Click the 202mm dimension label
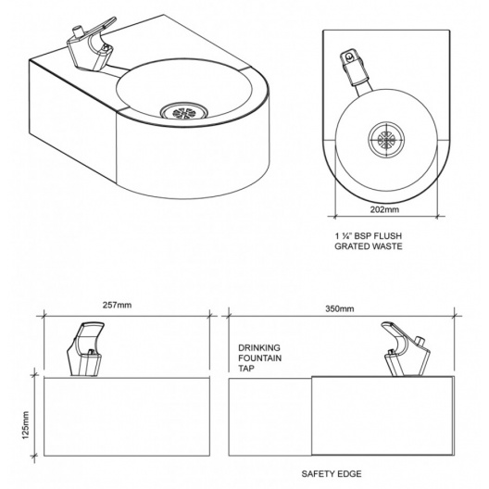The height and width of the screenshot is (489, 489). point(384,209)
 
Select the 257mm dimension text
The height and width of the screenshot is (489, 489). point(118,305)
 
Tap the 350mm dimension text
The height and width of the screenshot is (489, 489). point(340,308)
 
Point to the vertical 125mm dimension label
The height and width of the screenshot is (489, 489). point(26,425)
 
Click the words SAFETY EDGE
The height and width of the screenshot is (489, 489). point(332,474)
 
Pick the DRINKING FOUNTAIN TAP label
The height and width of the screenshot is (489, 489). point(259,358)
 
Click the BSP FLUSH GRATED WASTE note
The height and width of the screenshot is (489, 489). point(369,241)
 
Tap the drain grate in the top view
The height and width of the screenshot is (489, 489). point(387,140)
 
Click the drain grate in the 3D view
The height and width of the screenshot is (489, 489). point(184,112)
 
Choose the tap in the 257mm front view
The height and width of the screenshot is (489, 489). point(85,349)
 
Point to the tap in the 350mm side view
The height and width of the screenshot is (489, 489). point(406,349)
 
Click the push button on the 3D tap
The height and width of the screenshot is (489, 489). point(78,31)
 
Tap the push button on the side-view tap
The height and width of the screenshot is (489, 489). point(420,341)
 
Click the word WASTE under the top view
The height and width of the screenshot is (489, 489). point(387,246)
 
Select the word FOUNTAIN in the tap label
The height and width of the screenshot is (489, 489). point(259,358)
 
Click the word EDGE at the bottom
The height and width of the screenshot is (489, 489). point(350,474)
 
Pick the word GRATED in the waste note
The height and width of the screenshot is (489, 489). point(352,246)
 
